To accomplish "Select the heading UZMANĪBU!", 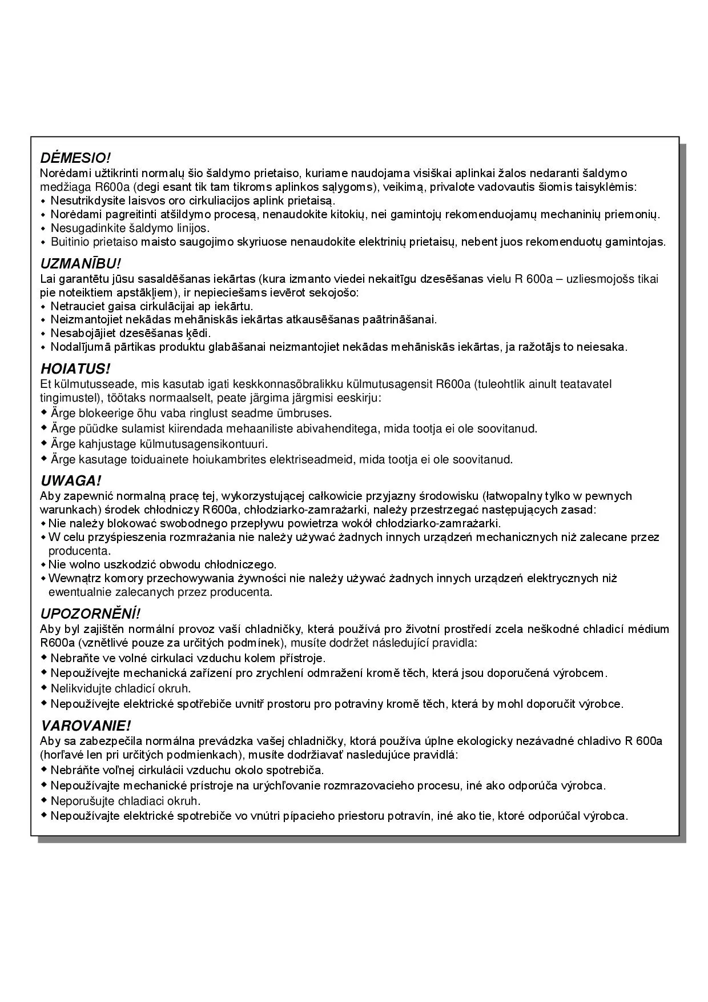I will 81,264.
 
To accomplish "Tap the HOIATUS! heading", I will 75,368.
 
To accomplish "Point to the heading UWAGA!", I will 71,481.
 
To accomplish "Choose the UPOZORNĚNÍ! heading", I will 90,614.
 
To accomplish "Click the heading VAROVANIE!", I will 86,726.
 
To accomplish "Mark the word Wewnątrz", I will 70,579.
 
